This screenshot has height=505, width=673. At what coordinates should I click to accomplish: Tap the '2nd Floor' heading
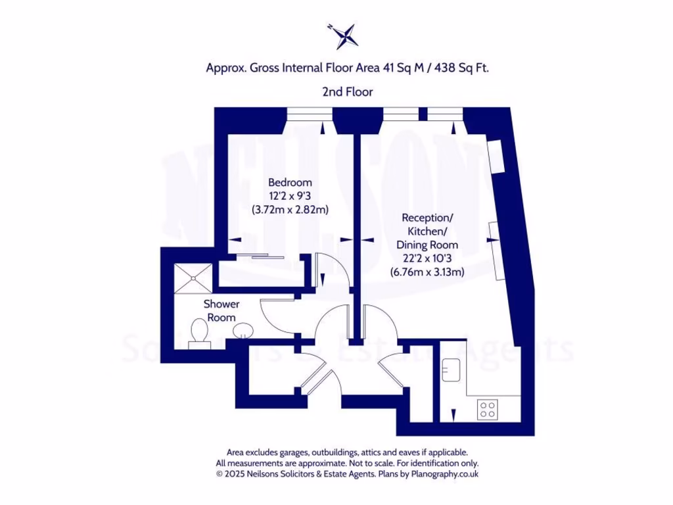[x=347, y=92]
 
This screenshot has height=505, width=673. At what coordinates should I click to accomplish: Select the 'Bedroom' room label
[x=290, y=182]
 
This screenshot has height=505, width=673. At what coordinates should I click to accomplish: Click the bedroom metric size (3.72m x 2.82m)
[x=290, y=210]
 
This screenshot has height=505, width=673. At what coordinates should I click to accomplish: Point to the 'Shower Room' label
[x=221, y=310]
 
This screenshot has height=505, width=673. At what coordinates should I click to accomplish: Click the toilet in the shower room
[x=198, y=332]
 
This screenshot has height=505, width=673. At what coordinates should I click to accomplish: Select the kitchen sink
[x=450, y=370]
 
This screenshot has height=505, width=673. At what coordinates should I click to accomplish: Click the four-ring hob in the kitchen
[x=488, y=409]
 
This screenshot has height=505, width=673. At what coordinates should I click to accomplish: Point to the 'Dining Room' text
[x=427, y=245]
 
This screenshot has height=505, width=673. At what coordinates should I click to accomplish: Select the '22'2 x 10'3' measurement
[x=427, y=258]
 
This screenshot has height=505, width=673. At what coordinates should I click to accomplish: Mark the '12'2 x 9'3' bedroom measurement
[x=290, y=196]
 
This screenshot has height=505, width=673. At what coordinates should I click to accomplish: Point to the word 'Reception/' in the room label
[x=427, y=218]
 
